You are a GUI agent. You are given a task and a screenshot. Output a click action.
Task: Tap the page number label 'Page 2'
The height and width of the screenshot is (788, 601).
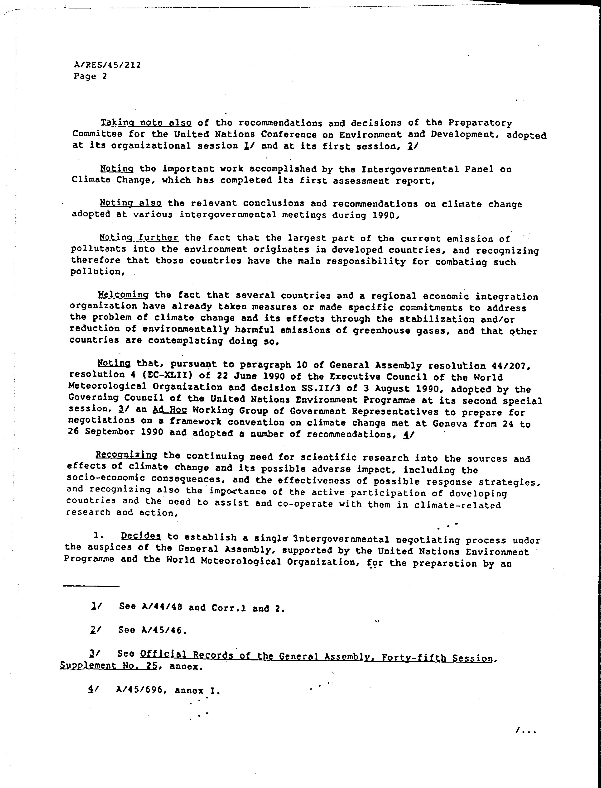click(90, 76)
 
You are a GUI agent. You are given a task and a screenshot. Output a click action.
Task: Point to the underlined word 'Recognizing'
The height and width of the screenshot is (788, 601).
click(126, 455)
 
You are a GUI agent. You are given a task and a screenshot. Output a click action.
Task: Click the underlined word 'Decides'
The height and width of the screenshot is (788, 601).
click(141, 536)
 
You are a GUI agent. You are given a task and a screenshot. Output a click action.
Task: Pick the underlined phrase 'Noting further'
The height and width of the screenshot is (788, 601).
click(139, 237)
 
